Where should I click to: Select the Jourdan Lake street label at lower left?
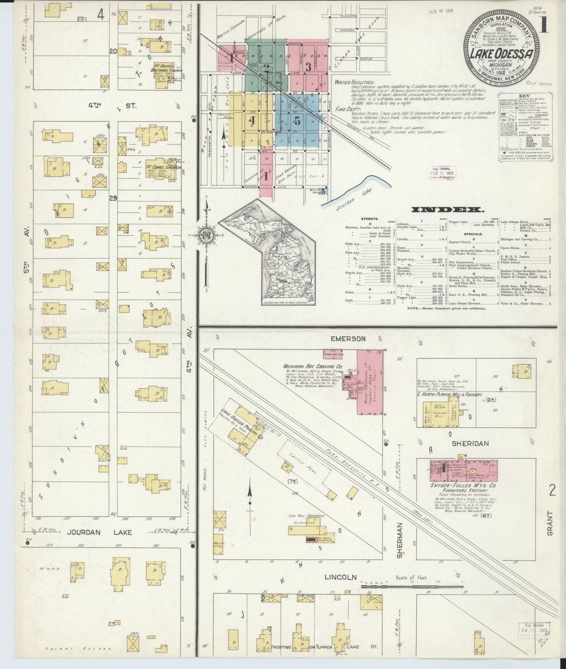pyautogui.click(x=99, y=532)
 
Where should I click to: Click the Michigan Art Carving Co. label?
pyautogui.click(x=313, y=367)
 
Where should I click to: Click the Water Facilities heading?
pyautogui.click(x=354, y=83)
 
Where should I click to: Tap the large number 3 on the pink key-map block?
pyautogui.click(x=308, y=67)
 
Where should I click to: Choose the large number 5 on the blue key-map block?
pyautogui.click(x=297, y=121)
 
